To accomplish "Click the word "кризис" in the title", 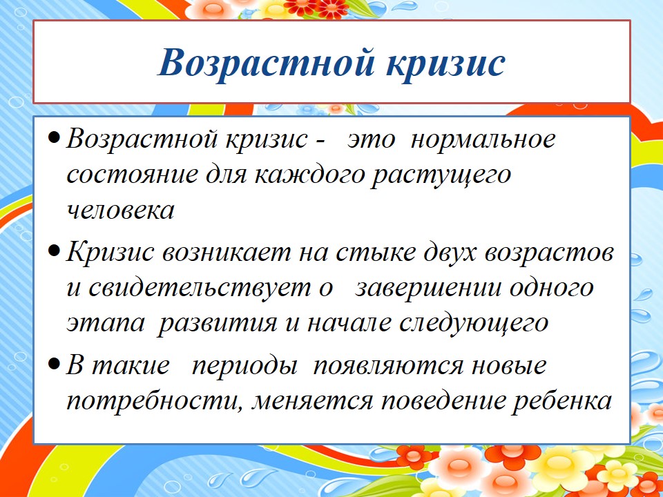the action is (445, 64).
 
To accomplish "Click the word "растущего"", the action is (441, 177).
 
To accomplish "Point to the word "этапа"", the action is (106, 323).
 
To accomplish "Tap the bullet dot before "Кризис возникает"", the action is (54, 253).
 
